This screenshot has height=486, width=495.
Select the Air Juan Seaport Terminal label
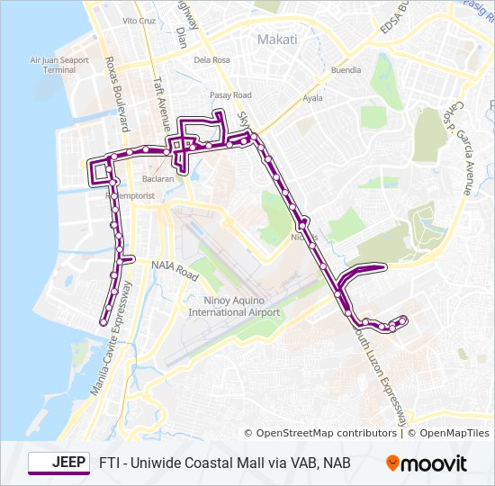point(59,65)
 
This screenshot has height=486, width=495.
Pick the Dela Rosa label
point(213,60)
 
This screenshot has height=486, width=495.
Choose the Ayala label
point(312,97)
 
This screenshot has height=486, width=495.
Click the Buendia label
point(346,69)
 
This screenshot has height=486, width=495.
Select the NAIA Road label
point(175,267)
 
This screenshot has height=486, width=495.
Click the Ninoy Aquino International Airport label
point(234,306)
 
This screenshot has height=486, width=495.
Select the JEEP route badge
point(58,463)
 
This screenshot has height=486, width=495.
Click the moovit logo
point(427,463)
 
